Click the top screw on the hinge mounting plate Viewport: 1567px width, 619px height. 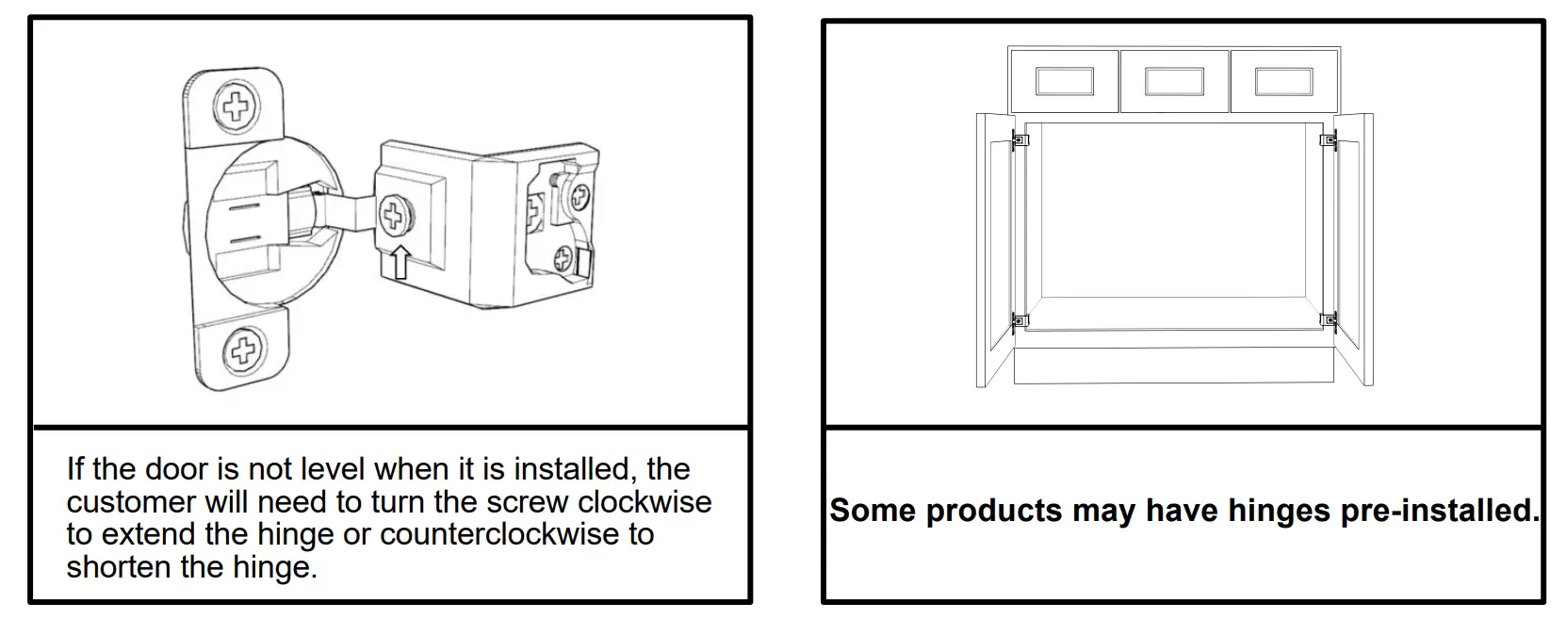pos(236,105)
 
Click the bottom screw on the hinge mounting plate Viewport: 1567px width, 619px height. pos(243,352)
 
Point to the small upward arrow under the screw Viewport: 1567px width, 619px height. pos(400,261)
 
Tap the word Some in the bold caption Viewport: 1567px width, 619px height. pos(873,511)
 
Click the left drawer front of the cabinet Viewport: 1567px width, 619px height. pos(1064,81)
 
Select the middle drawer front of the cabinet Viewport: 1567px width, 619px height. pos(1174,81)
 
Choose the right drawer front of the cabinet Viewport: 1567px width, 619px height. pos(1284,81)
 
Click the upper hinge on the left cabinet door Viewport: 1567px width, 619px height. pos(1020,140)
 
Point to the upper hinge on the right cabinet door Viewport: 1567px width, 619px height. pos(1329,140)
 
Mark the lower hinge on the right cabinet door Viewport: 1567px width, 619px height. pos(1329,320)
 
